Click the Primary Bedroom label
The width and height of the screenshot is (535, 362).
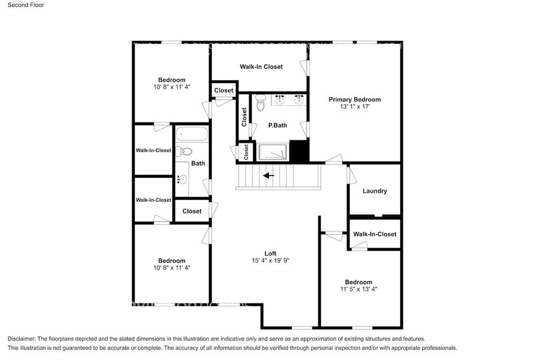point(354,99)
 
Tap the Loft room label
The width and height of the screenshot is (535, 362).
point(270,253)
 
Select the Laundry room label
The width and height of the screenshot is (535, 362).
point(374,191)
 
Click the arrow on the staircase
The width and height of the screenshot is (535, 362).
point(268,175)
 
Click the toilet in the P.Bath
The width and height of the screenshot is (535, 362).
point(260,103)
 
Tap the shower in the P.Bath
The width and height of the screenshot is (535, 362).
point(272,152)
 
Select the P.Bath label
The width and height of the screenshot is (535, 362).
point(278,126)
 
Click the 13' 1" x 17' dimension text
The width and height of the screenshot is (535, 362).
point(354,107)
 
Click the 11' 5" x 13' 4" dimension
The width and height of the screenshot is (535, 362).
point(358,289)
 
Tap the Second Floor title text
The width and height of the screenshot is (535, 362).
point(25,5)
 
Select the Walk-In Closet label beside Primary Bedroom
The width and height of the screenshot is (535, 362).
point(261,66)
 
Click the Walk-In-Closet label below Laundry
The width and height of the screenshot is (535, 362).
point(374,234)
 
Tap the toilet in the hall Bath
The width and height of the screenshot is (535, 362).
point(184,151)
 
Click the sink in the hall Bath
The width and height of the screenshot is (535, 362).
point(182,180)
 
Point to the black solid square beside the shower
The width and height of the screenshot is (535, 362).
point(299,151)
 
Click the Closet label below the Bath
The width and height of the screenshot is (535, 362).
point(191,211)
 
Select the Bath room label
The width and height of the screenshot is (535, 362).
point(198,163)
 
